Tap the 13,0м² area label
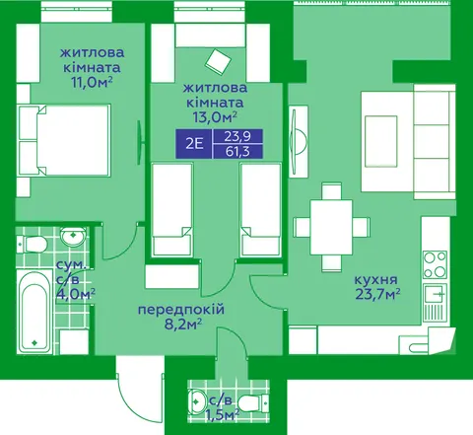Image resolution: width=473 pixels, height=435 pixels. point(215,117)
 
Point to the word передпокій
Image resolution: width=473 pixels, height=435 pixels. point(181,310)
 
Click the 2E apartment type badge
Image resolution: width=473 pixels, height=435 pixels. point(194,144)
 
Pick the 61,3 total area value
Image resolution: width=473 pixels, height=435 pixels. point(237,152)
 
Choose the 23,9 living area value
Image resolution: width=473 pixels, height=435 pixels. point(237,136)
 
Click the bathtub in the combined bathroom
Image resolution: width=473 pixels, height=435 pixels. point(34,312)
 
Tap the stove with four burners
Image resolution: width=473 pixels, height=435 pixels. point(435,264)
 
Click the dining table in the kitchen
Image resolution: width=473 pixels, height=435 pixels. point(331,227)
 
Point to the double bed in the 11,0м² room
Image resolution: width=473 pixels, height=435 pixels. point(65,140)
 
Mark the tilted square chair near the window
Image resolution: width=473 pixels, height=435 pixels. point(218,61)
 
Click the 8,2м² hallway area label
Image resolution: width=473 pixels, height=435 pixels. point(182,326)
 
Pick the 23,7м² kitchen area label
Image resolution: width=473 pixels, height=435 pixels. point(377,294)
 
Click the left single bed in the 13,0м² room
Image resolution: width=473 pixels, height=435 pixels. point(171,209)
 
